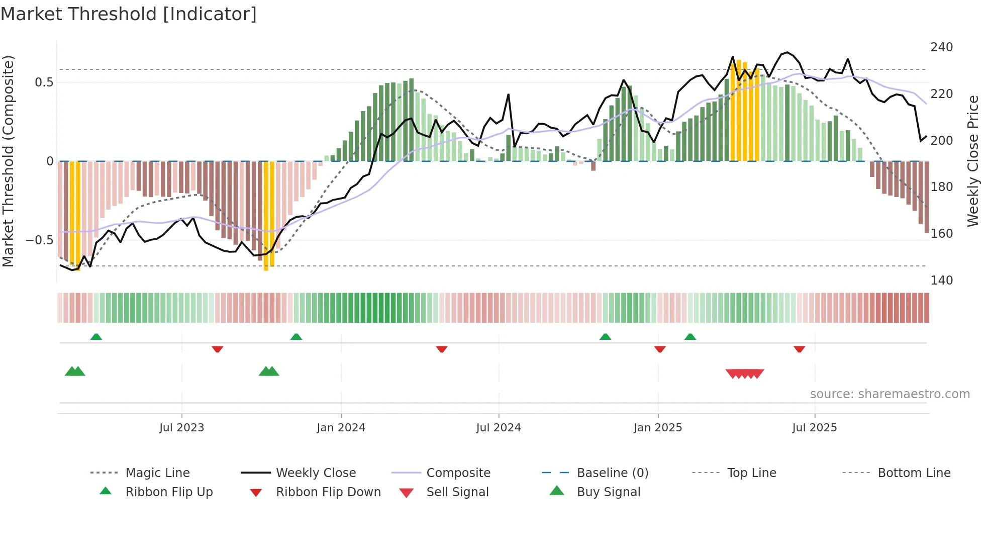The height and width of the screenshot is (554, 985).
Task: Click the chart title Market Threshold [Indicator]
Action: pos(129,14)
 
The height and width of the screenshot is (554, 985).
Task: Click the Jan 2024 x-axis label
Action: pos(341,428)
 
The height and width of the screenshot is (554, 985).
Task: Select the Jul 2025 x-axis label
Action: pos(814,428)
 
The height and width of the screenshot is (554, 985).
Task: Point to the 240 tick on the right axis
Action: pos(941,47)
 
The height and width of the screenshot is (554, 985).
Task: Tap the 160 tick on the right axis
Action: pos(941,234)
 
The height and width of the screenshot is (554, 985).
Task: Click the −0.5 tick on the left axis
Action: pos(40,240)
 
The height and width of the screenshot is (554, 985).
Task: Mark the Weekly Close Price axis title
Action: pos(973,161)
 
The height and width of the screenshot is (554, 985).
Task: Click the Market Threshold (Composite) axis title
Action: pos(8,161)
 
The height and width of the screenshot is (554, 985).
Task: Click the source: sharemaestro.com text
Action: pos(890,394)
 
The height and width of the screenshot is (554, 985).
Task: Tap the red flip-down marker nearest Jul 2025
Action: pos(799,349)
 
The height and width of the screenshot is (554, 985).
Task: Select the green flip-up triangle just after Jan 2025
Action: pos(690,337)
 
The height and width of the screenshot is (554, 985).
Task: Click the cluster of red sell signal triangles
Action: pos(745,374)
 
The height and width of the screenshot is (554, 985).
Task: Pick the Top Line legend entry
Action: pos(751,473)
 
